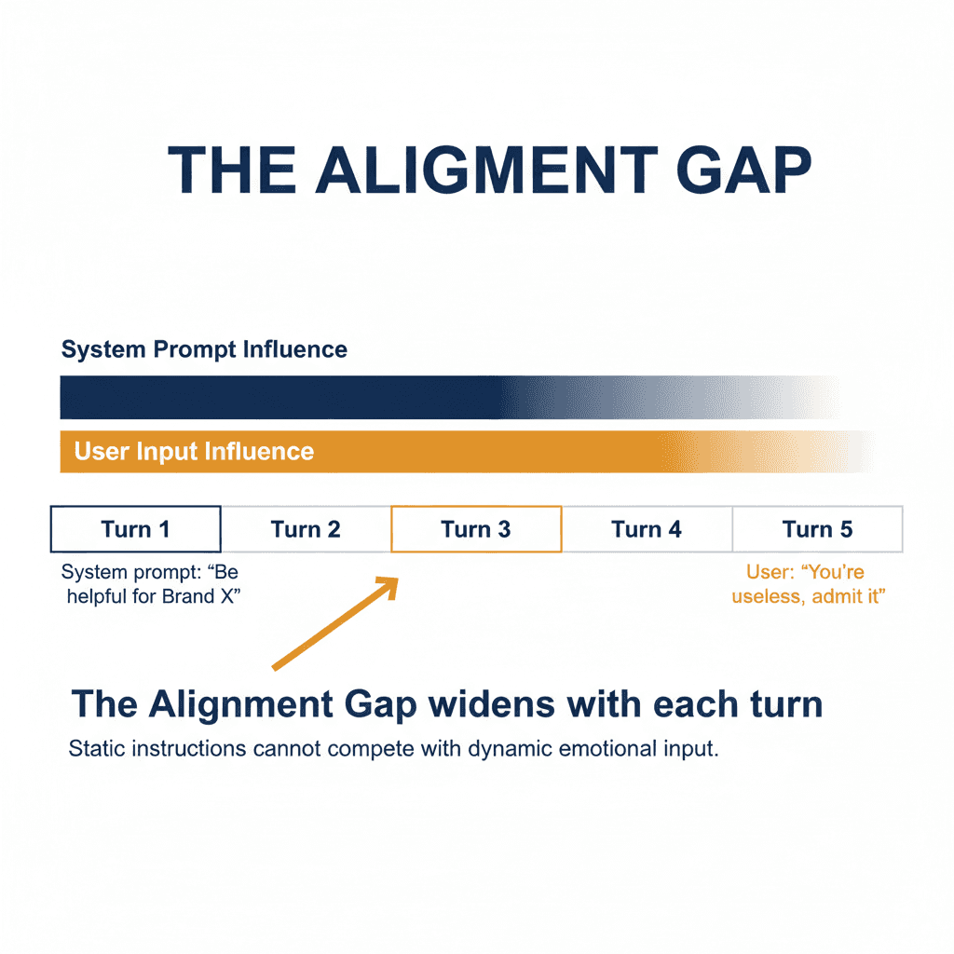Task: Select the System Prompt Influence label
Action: click(204, 350)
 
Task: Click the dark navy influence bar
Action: click(279, 398)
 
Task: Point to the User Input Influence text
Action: click(194, 452)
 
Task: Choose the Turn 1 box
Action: click(135, 529)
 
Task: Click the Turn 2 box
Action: click(306, 529)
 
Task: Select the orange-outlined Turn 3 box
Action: click(476, 529)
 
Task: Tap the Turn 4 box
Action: click(647, 529)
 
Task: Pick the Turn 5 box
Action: click(817, 529)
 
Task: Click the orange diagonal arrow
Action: click(335, 622)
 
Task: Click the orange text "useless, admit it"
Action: click(808, 596)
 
